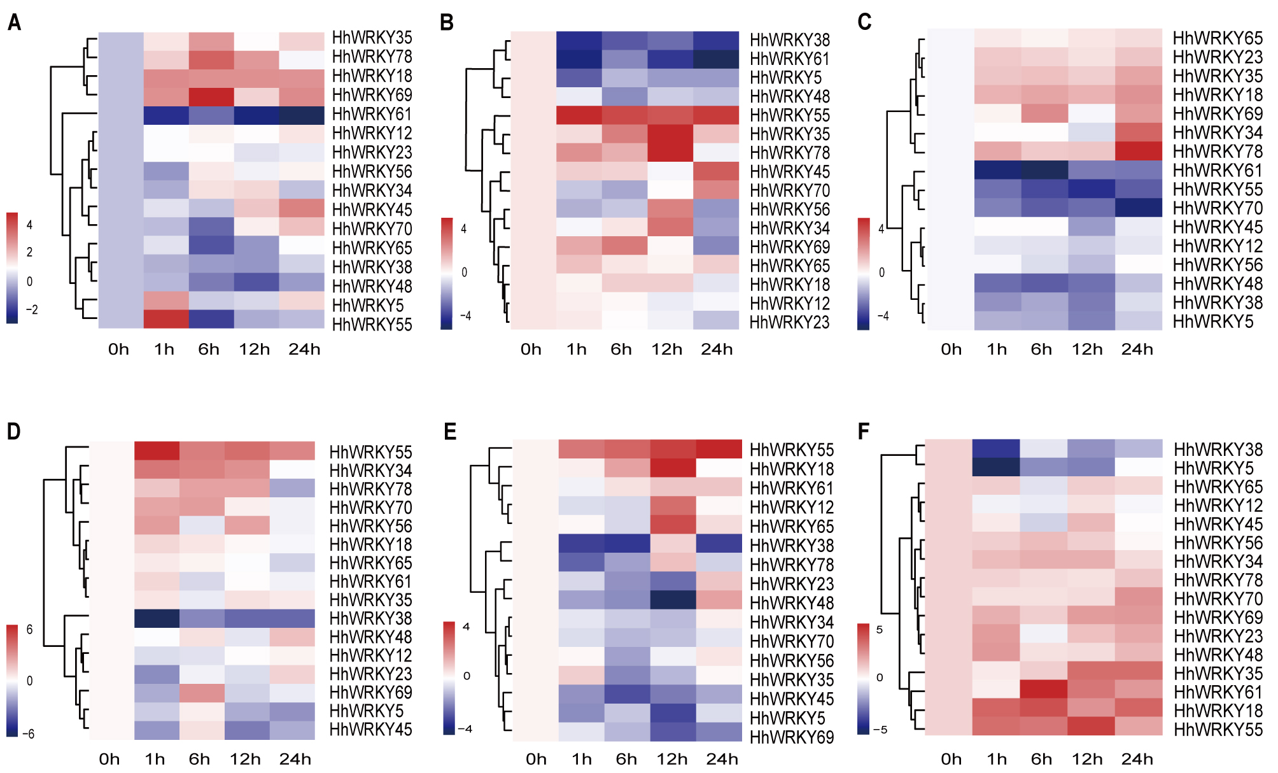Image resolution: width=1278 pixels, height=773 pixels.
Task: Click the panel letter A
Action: click(x=14, y=23)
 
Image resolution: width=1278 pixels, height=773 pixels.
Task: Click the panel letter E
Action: click(x=450, y=432)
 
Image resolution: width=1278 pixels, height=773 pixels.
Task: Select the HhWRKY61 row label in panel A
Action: click(x=372, y=115)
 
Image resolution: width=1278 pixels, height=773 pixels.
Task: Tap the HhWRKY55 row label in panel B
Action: click(x=789, y=115)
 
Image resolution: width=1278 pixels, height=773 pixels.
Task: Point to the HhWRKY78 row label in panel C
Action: click(x=1217, y=152)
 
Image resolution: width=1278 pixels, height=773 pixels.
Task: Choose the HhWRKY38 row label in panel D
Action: click(x=370, y=618)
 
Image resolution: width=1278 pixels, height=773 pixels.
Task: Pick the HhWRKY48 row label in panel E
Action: click(x=791, y=603)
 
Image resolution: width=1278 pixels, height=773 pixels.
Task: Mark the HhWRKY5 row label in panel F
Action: click(x=1213, y=468)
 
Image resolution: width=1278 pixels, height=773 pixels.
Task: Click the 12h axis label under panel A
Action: click(x=255, y=350)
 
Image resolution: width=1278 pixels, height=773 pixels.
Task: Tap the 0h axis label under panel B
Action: click(x=531, y=350)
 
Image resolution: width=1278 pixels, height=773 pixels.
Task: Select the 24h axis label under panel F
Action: click(x=1137, y=759)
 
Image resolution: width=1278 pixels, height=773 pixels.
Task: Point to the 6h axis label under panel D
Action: click(x=199, y=759)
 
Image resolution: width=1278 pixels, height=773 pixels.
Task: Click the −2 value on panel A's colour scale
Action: click(x=31, y=310)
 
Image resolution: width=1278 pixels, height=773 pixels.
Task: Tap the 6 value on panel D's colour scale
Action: click(x=29, y=630)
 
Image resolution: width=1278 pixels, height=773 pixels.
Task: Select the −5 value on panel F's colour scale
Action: click(x=880, y=730)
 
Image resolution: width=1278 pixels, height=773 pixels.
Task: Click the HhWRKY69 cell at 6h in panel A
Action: click(x=211, y=96)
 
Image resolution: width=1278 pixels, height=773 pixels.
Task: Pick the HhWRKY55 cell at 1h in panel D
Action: click(x=157, y=451)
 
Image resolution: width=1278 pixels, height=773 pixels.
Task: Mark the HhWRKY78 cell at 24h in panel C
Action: click(x=1139, y=152)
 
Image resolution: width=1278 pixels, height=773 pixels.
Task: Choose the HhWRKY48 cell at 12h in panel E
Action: click(x=673, y=600)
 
